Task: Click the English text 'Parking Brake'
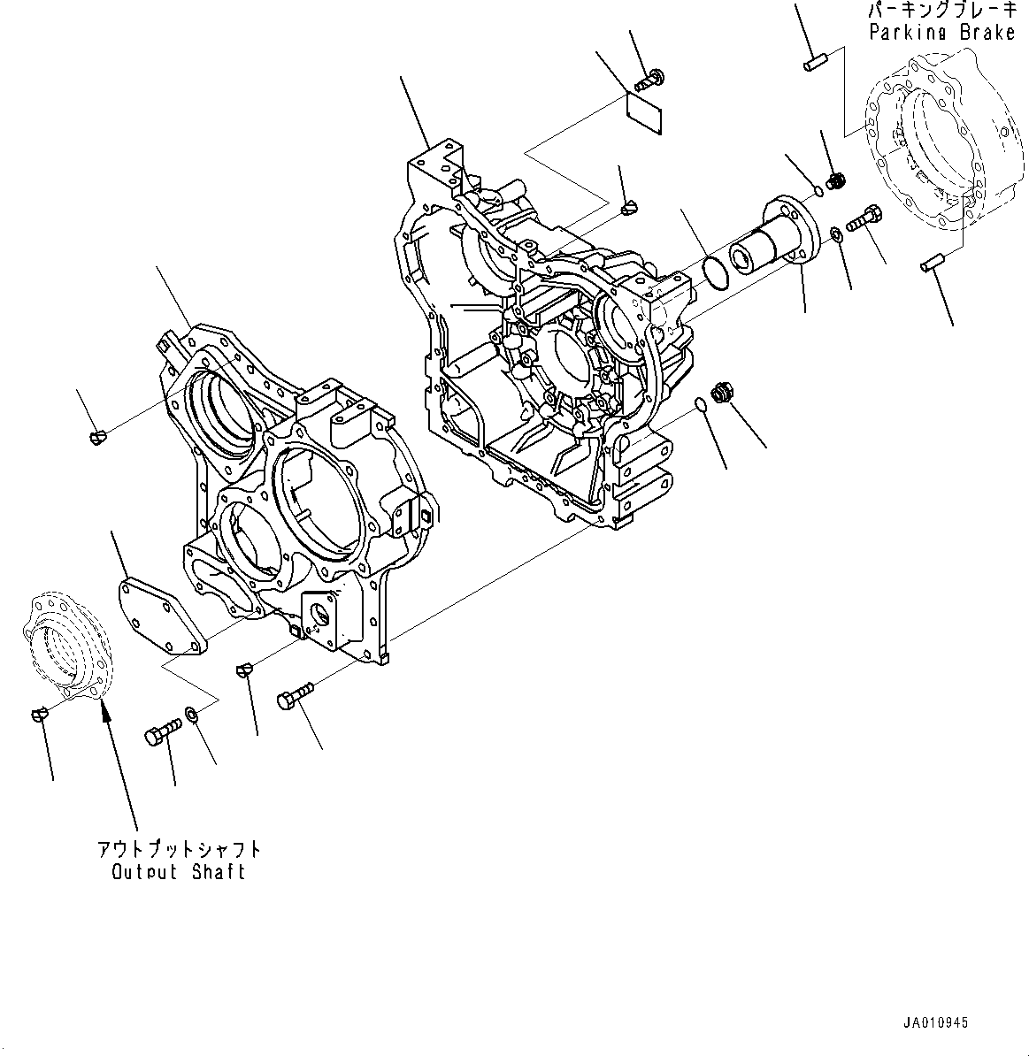click(941, 33)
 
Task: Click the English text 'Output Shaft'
click(179, 872)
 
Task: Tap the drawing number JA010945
click(935, 1023)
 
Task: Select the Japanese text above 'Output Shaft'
click(179, 849)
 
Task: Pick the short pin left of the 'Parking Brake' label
click(815, 63)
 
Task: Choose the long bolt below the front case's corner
click(296, 695)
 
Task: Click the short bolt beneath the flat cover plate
click(162, 731)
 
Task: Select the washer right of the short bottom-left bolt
click(192, 712)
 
